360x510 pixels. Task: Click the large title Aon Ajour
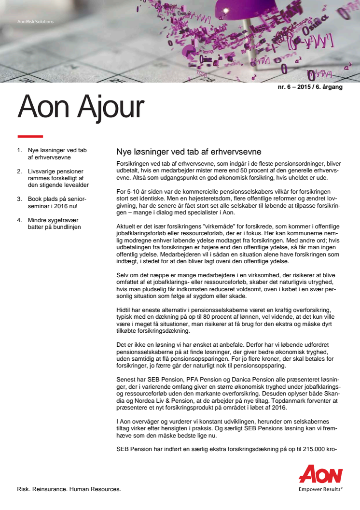point(81,108)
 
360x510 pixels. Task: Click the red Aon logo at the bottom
point(320,474)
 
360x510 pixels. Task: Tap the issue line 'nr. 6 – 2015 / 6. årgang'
point(310,87)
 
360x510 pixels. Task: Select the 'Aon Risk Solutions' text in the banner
point(35,22)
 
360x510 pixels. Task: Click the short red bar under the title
point(30,136)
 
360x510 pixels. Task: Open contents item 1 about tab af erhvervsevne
point(54,154)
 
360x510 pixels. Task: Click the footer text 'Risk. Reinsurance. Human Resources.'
point(69,489)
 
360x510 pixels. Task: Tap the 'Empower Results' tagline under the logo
point(320,488)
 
